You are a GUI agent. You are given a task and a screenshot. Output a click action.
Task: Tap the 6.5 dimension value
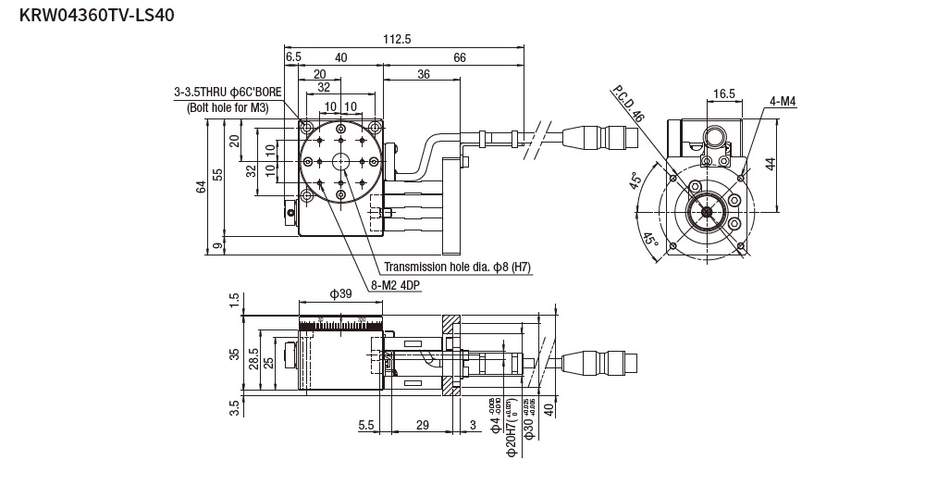293,57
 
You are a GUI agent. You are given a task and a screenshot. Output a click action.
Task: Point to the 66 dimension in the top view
459,57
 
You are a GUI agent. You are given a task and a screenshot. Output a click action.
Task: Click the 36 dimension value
423,74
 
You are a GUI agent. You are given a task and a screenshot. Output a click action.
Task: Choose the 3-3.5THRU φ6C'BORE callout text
228,93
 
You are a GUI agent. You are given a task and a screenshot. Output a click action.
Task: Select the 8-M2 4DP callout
395,285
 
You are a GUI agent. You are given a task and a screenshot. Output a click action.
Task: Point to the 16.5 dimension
724,93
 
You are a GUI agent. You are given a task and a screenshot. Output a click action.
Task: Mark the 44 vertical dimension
770,165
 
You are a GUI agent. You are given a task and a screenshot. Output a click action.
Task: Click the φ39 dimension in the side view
340,293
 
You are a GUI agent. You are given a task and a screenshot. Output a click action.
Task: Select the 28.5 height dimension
253,359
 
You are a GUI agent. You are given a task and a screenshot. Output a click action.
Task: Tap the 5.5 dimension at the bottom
365,424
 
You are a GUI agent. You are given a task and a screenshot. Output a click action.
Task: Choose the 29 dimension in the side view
422,424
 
